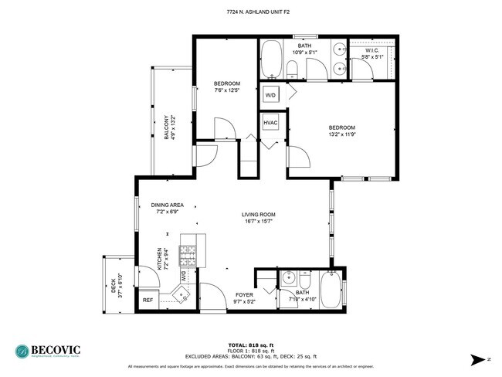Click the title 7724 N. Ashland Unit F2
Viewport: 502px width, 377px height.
click(x=250, y=12)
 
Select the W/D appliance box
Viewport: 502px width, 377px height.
click(x=270, y=95)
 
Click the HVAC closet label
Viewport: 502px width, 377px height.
click(x=270, y=122)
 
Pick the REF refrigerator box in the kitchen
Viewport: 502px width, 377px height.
click(x=148, y=300)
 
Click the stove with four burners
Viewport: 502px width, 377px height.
click(x=188, y=254)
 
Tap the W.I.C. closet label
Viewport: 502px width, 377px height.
click(x=374, y=53)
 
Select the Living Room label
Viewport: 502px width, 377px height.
click(x=259, y=219)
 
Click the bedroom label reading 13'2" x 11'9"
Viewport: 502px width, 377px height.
click(x=341, y=131)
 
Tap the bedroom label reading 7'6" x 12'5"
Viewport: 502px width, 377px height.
click(x=227, y=87)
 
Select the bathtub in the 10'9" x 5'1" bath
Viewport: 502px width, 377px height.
click(x=271, y=60)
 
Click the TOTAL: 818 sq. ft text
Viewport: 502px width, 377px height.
click(x=250, y=345)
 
